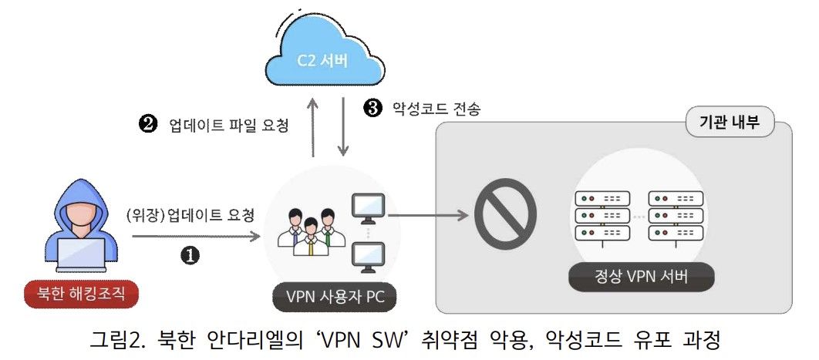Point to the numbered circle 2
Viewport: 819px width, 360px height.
[147, 124]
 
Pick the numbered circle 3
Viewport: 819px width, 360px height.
[373, 108]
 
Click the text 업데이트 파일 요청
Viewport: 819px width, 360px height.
[228, 125]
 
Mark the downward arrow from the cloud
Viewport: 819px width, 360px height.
[344, 127]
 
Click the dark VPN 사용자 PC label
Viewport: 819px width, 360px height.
[335, 296]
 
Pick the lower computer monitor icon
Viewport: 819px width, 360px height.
[368, 257]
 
